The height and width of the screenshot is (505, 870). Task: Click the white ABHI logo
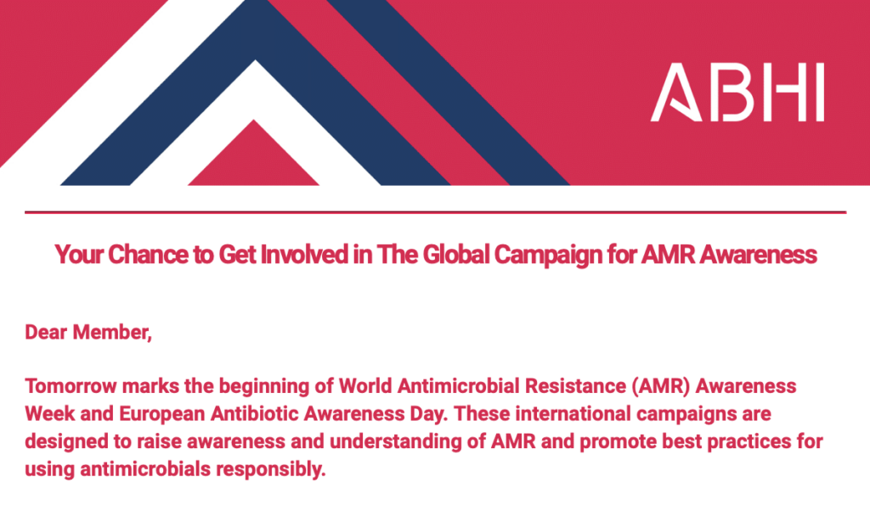(x=737, y=92)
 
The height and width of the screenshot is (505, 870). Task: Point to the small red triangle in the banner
(x=253, y=153)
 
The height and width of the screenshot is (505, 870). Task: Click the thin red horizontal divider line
(x=436, y=211)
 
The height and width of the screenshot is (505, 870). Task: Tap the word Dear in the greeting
(x=46, y=332)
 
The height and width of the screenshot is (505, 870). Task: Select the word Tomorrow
(x=71, y=386)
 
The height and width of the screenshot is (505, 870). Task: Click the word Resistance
(x=575, y=386)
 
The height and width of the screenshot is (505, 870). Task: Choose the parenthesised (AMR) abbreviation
(x=661, y=386)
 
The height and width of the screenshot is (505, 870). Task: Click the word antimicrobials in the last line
(x=145, y=469)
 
